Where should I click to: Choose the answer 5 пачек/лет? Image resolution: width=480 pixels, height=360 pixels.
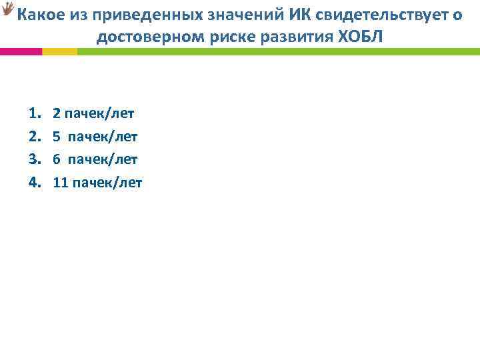tap(95, 137)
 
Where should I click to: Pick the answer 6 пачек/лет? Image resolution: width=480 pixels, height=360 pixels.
tap(95, 159)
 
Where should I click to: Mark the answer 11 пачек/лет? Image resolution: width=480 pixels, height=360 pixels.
tap(97, 181)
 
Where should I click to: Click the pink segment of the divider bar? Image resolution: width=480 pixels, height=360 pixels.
tap(21, 51)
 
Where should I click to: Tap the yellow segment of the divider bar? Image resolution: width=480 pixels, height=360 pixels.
tap(59, 51)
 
